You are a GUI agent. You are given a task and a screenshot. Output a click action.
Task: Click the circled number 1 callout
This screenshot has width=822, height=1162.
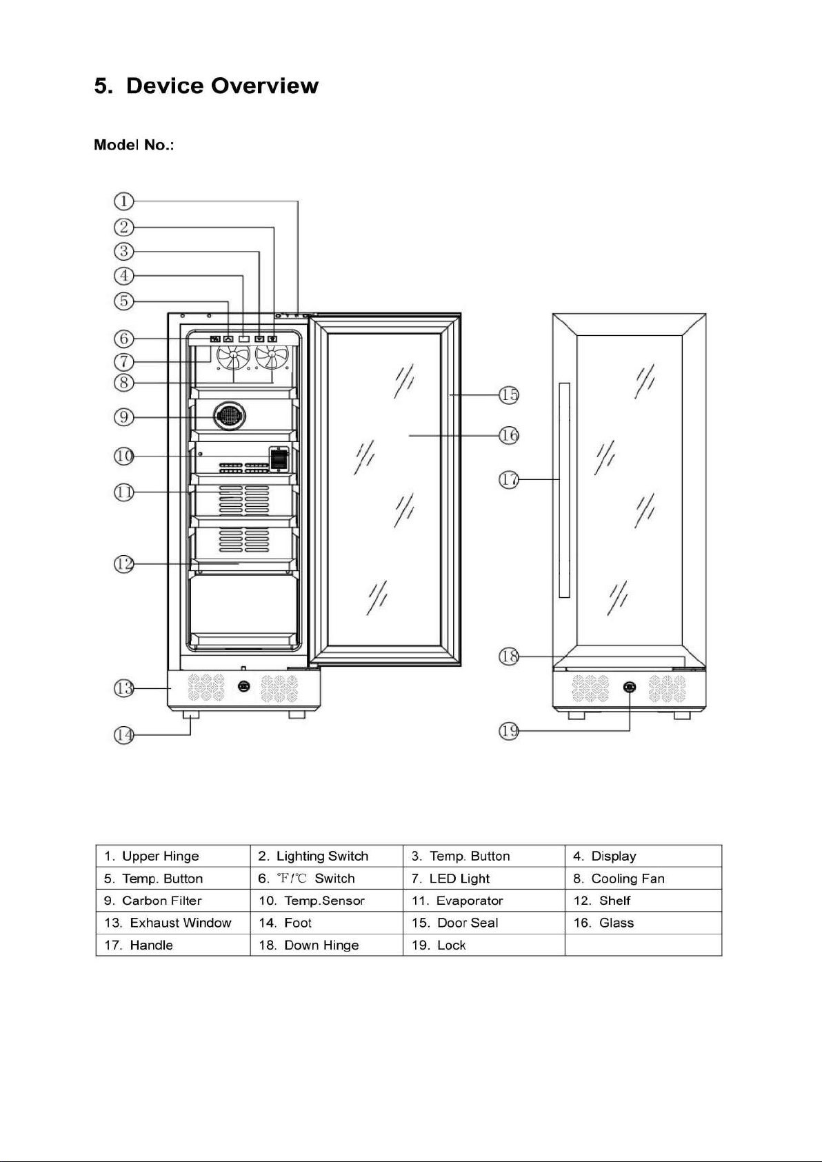click(123, 201)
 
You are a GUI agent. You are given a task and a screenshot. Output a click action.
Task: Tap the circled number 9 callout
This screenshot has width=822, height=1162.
click(123, 417)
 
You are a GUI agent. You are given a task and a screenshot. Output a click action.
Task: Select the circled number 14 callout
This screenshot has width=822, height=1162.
click(123, 734)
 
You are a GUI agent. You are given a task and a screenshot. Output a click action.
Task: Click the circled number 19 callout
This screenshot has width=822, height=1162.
click(509, 731)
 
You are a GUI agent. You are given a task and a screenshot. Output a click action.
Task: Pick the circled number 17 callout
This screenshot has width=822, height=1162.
click(509, 479)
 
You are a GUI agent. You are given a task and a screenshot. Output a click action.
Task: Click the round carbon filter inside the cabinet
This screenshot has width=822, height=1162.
click(229, 416)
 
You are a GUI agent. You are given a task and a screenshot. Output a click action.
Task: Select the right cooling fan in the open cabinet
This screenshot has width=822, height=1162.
click(272, 356)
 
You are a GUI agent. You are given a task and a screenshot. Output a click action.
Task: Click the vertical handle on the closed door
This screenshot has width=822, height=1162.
click(564, 490)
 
